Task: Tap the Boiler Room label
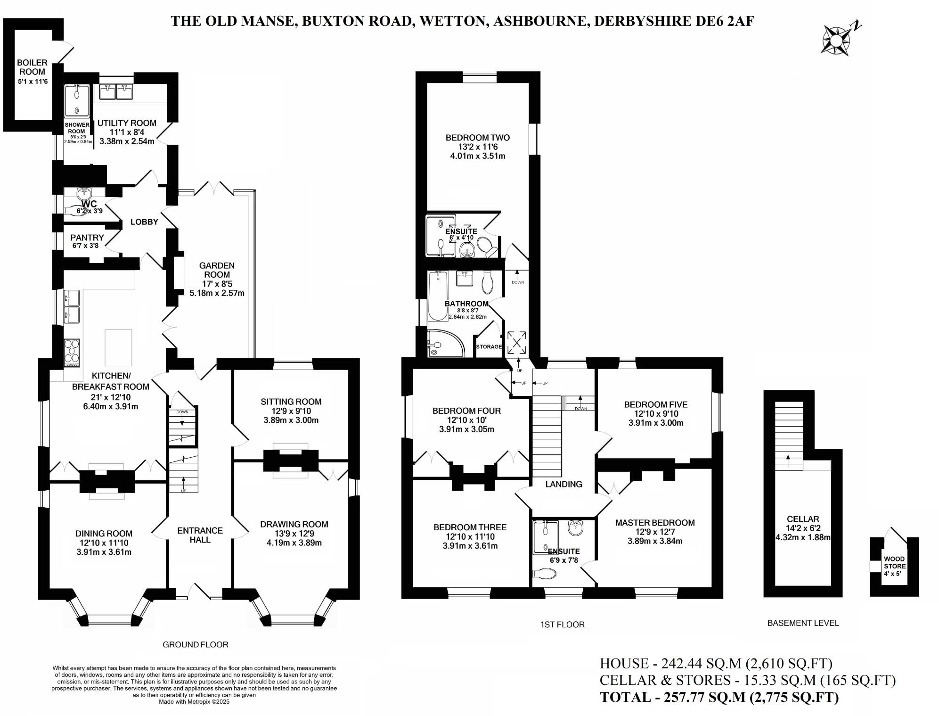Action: pyautogui.click(x=32, y=67)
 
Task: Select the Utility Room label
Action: pyautogui.click(x=127, y=123)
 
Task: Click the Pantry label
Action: pyautogui.click(x=87, y=238)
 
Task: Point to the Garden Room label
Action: pyautogui.click(x=217, y=270)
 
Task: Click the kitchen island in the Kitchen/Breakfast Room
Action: pyautogui.click(x=118, y=348)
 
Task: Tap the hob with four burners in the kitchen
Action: pyautogui.click(x=72, y=353)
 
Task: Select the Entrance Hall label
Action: pyautogui.click(x=200, y=535)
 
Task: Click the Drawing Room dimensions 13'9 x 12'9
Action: pyautogui.click(x=294, y=534)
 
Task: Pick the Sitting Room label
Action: pyautogui.click(x=291, y=402)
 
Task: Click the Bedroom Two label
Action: pyautogui.click(x=478, y=138)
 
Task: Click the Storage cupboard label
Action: pyautogui.click(x=489, y=347)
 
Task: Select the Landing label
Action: pyautogui.click(x=563, y=484)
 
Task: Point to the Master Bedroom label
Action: pyautogui.click(x=655, y=523)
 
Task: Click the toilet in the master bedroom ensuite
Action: pyautogui.click(x=545, y=574)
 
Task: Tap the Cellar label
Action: pyautogui.click(x=803, y=519)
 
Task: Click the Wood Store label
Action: pyautogui.click(x=894, y=562)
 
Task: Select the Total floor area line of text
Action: pyautogui.click(x=719, y=697)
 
